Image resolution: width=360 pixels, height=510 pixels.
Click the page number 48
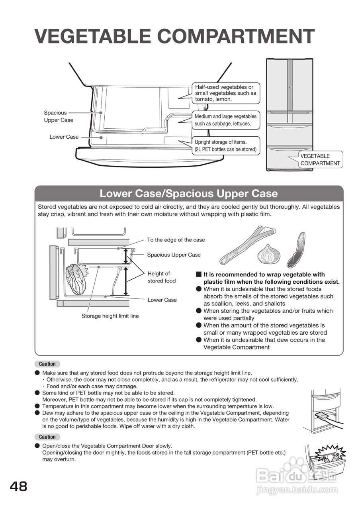pos(19,486)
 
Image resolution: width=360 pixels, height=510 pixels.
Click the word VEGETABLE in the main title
pos(92,36)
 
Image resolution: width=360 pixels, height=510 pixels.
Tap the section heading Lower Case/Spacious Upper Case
pos(188,194)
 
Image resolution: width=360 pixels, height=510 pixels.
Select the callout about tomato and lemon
pos(225,93)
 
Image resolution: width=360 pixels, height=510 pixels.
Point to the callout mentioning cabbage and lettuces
pos(225,120)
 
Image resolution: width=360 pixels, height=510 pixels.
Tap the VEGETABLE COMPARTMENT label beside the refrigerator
pos(320,160)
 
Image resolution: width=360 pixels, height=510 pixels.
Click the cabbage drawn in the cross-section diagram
pos(76,279)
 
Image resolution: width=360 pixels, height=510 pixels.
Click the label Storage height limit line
pos(110,316)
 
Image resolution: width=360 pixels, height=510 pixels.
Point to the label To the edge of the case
pos(176,240)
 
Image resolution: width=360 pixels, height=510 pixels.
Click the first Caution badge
pos(47,364)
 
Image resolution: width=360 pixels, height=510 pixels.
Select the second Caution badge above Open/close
pos(47,437)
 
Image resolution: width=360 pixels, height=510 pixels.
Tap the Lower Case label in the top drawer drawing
pos(64,137)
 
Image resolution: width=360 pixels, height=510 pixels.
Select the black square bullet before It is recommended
pos(199,275)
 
